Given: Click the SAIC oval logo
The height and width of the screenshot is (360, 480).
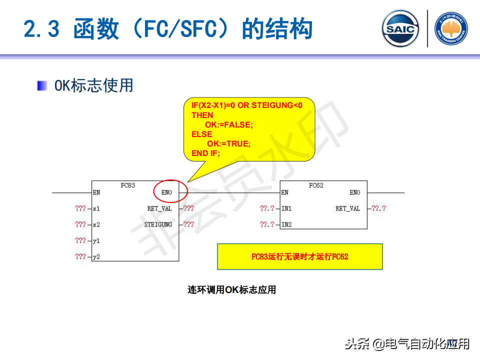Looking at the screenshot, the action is tap(400, 28).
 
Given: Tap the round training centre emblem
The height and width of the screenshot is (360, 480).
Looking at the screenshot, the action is tap(451, 28).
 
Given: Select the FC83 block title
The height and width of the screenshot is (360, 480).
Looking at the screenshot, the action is tap(128, 185).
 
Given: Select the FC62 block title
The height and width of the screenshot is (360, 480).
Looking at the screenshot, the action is tap(316, 185).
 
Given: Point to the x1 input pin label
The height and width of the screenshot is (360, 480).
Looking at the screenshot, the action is tap(96, 208).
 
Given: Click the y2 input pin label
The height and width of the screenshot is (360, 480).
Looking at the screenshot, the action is tap(96, 257).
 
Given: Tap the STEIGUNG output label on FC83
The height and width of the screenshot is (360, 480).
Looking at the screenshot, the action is tap(158, 224).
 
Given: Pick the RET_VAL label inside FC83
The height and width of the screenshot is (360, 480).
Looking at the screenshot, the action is tap(159, 208).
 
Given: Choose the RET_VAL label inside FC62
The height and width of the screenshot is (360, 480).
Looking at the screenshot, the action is tap(347, 208).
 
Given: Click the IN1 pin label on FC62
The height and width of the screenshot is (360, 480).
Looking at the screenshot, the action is tap(286, 208).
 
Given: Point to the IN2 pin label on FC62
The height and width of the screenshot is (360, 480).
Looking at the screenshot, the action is tap(286, 224).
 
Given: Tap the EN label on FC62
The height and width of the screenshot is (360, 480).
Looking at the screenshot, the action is tap(284, 192).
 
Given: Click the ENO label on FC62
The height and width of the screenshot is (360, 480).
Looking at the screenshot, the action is tap(354, 192).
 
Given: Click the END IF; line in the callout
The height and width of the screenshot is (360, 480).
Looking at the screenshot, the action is tap(205, 153).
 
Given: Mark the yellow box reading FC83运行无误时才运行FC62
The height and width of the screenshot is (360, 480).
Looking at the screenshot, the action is tap(299, 256).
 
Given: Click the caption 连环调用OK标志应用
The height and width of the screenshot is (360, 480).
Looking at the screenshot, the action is tap(231, 289).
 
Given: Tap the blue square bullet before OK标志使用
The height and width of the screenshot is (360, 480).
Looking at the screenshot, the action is tap(42, 86).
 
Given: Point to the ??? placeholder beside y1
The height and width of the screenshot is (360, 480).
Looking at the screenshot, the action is tap(80, 240).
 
